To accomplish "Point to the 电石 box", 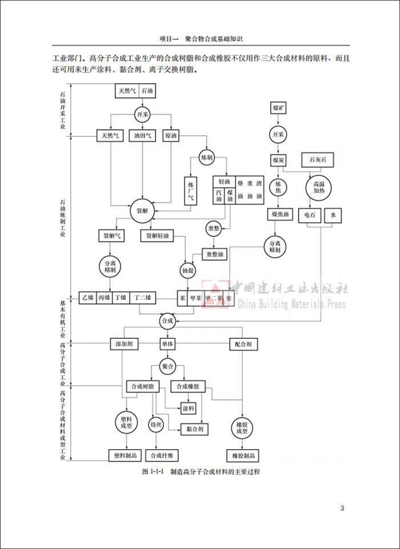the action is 310,216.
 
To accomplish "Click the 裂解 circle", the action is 141,211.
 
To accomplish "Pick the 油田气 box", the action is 142,136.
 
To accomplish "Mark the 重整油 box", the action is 217,253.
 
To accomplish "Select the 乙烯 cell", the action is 87,298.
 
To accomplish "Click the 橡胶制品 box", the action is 243,456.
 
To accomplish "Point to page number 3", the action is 342,508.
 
